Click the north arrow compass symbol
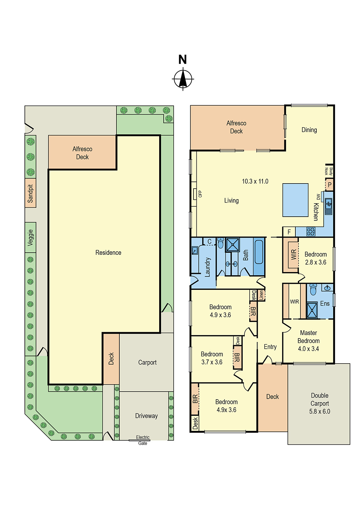pyautogui.click(x=183, y=79)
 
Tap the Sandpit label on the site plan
pyautogui.click(x=30, y=193)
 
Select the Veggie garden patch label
pyautogui.click(x=30, y=237)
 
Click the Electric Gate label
pyautogui.click(x=143, y=440)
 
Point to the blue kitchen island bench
pyautogui.click(x=295, y=200)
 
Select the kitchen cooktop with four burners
pyautogui.click(x=311, y=232)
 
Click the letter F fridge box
pyautogui.click(x=289, y=232)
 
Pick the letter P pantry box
pyautogui.click(x=329, y=185)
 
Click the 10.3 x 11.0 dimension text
pyautogui.click(x=255, y=181)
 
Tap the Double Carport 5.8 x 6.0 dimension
pyautogui.click(x=320, y=411)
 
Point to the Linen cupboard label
pyautogui.click(x=261, y=295)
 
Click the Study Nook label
pyautogui.click(x=328, y=171)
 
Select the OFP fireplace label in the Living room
pyautogui.click(x=200, y=194)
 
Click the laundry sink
pyautogui.click(x=194, y=251)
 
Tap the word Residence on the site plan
pyautogui.click(x=108, y=253)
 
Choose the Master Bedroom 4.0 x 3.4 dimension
pyautogui.click(x=308, y=349)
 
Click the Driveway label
pyautogui.click(x=146, y=416)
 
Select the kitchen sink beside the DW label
pyautogui.click(x=328, y=204)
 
